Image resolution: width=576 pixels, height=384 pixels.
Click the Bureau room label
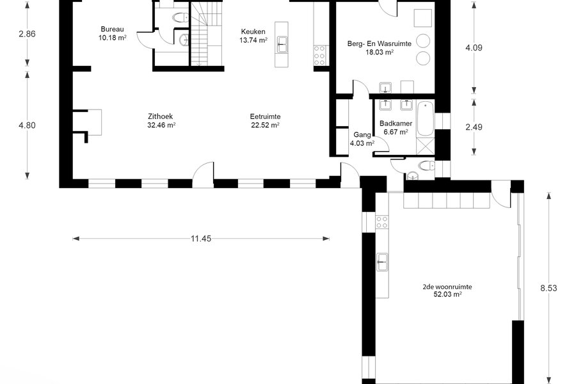(x=112, y=29)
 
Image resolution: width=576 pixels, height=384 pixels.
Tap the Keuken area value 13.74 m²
(x=253, y=40)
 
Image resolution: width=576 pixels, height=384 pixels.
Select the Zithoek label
(x=160, y=116)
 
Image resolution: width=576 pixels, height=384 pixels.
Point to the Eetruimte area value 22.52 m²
(x=265, y=125)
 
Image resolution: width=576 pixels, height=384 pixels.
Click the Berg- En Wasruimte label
(x=380, y=44)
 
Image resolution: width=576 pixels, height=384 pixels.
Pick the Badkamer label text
(x=396, y=124)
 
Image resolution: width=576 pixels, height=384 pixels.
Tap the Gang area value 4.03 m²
(x=362, y=143)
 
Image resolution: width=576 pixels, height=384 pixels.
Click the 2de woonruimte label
(x=447, y=287)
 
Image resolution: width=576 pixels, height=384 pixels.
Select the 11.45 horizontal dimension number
(x=201, y=239)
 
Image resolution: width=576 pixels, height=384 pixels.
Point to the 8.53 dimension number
(x=548, y=288)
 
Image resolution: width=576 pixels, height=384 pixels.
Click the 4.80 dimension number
(x=27, y=125)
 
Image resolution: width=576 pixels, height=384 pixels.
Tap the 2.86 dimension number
(x=27, y=34)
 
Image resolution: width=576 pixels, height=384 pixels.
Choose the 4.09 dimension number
(x=474, y=48)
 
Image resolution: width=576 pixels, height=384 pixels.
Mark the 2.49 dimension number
(x=474, y=127)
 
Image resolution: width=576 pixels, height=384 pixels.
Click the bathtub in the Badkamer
(x=426, y=118)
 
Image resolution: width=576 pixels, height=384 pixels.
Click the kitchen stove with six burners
(x=319, y=56)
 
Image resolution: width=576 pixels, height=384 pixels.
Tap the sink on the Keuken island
(x=282, y=44)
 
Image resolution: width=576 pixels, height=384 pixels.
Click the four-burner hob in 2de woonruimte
(x=382, y=222)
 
